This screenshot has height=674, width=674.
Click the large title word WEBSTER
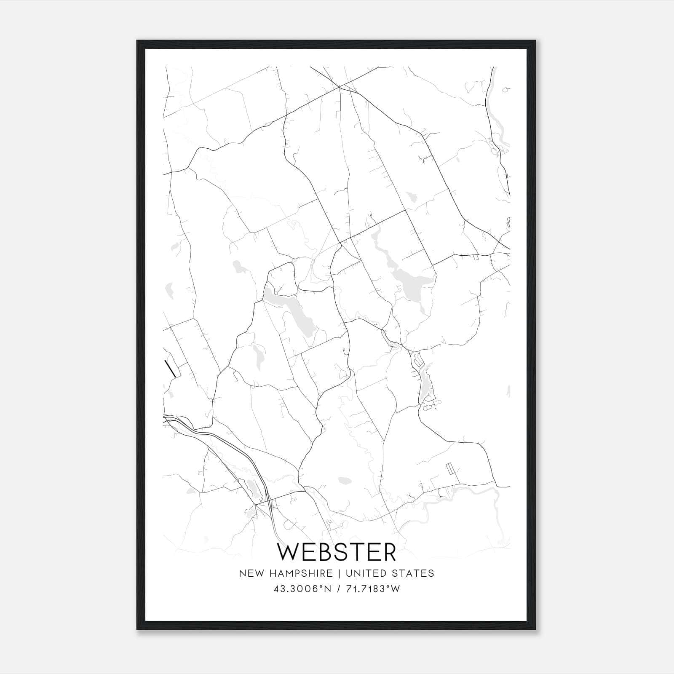(337, 552)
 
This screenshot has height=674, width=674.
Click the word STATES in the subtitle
(414, 573)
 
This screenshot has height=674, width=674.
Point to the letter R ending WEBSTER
(389, 552)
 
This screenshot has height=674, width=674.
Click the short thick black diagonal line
(170, 369)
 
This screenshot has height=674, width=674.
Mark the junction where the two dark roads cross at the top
(339, 87)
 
